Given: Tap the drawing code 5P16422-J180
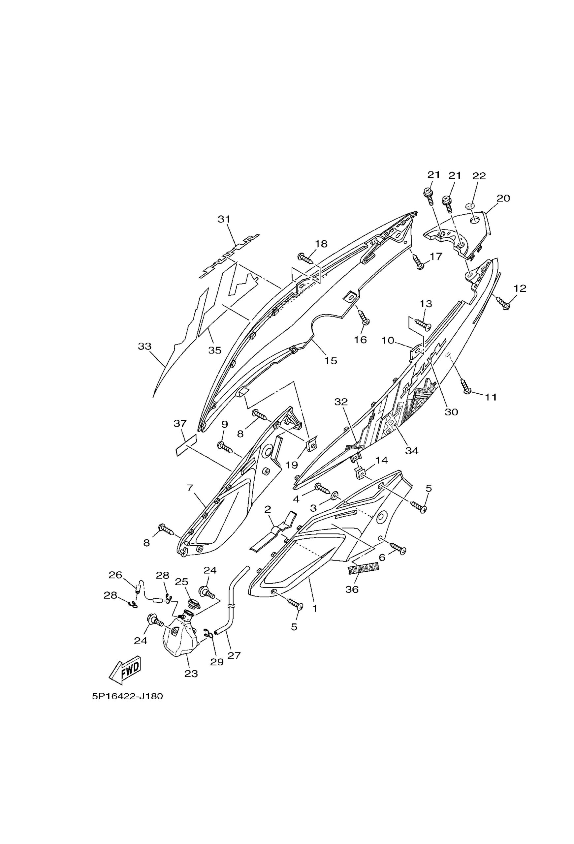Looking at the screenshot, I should pyautogui.click(x=127, y=697).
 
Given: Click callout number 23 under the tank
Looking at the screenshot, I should pyautogui.click(x=191, y=674).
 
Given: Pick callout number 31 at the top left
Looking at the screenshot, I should pyautogui.click(x=224, y=219).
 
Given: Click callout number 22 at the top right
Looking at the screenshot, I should pyautogui.click(x=479, y=176).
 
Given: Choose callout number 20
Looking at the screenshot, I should pyautogui.click(x=503, y=198).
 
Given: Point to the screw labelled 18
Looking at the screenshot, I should pyautogui.click(x=306, y=259).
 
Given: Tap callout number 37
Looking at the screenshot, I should pyautogui.click(x=180, y=423).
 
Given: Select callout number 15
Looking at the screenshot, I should pyautogui.click(x=331, y=361).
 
